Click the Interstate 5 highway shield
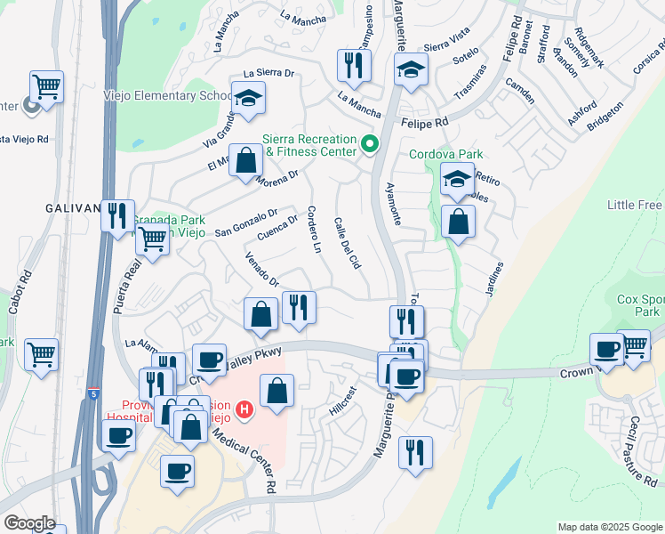(x=93, y=394)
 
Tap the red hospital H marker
(x=244, y=409)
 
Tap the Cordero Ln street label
(x=313, y=229)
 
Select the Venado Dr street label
(x=263, y=271)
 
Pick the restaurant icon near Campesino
(x=354, y=65)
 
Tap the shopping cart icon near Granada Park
(x=153, y=239)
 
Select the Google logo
(x=30, y=523)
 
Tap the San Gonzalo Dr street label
(x=247, y=223)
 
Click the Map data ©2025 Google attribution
(x=610, y=527)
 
